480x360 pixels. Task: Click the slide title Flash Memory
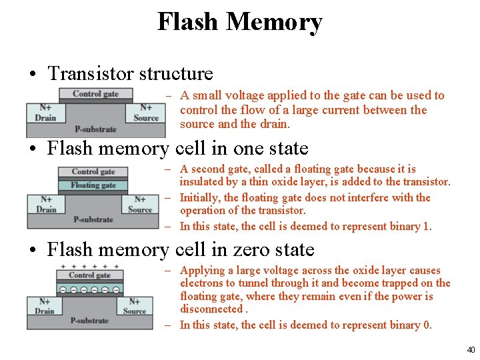tap(239, 21)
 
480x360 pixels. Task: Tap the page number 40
tap(471, 349)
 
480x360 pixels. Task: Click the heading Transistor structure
tap(130, 73)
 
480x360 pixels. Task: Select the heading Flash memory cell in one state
tap(177, 148)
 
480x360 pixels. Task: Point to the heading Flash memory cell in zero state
tap(180, 249)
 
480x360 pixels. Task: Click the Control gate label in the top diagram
tap(95, 94)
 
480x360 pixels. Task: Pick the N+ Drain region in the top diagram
tap(46, 113)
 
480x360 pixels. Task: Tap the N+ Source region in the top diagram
tap(146, 113)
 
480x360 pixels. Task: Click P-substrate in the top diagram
tap(95, 129)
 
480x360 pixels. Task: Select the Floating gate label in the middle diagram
tap(93, 185)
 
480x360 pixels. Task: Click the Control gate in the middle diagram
tap(93, 172)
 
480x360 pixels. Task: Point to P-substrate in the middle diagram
tap(93, 219)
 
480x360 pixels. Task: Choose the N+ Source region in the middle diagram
tap(140, 204)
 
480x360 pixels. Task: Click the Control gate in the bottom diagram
tap(89, 275)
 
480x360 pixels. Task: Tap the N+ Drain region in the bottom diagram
tap(45, 306)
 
